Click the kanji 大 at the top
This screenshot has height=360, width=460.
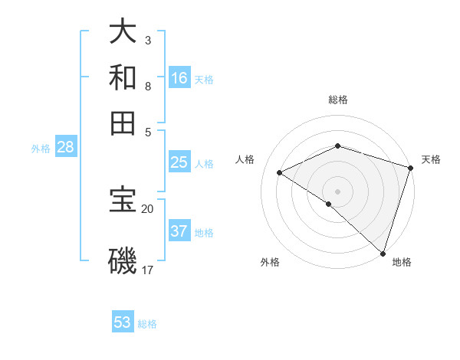tap(123, 31)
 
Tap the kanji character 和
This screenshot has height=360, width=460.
tap(123, 77)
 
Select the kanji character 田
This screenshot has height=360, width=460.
tap(123, 123)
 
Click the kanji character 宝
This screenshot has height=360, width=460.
tap(123, 200)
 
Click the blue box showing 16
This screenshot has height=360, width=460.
tap(179, 77)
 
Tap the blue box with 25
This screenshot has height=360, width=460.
tap(179, 162)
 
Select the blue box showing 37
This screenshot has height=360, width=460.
tap(179, 231)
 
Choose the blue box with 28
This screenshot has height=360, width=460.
tap(65, 148)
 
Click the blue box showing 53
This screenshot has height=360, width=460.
tap(123, 322)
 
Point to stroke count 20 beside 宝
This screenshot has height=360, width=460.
tap(148, 208)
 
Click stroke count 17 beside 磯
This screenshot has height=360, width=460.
tap(148, 270)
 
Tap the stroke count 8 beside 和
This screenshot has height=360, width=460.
tap(148, 86)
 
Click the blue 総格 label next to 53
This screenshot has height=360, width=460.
tap(147, 324)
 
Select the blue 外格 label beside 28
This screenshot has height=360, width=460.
tap(41, 149)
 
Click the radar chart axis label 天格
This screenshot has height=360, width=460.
tap(431, 159)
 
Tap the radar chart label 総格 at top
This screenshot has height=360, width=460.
tap(338, 100)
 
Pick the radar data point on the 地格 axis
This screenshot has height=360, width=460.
tap(382, 252)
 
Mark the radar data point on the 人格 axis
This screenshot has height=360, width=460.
tap(280, 173)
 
